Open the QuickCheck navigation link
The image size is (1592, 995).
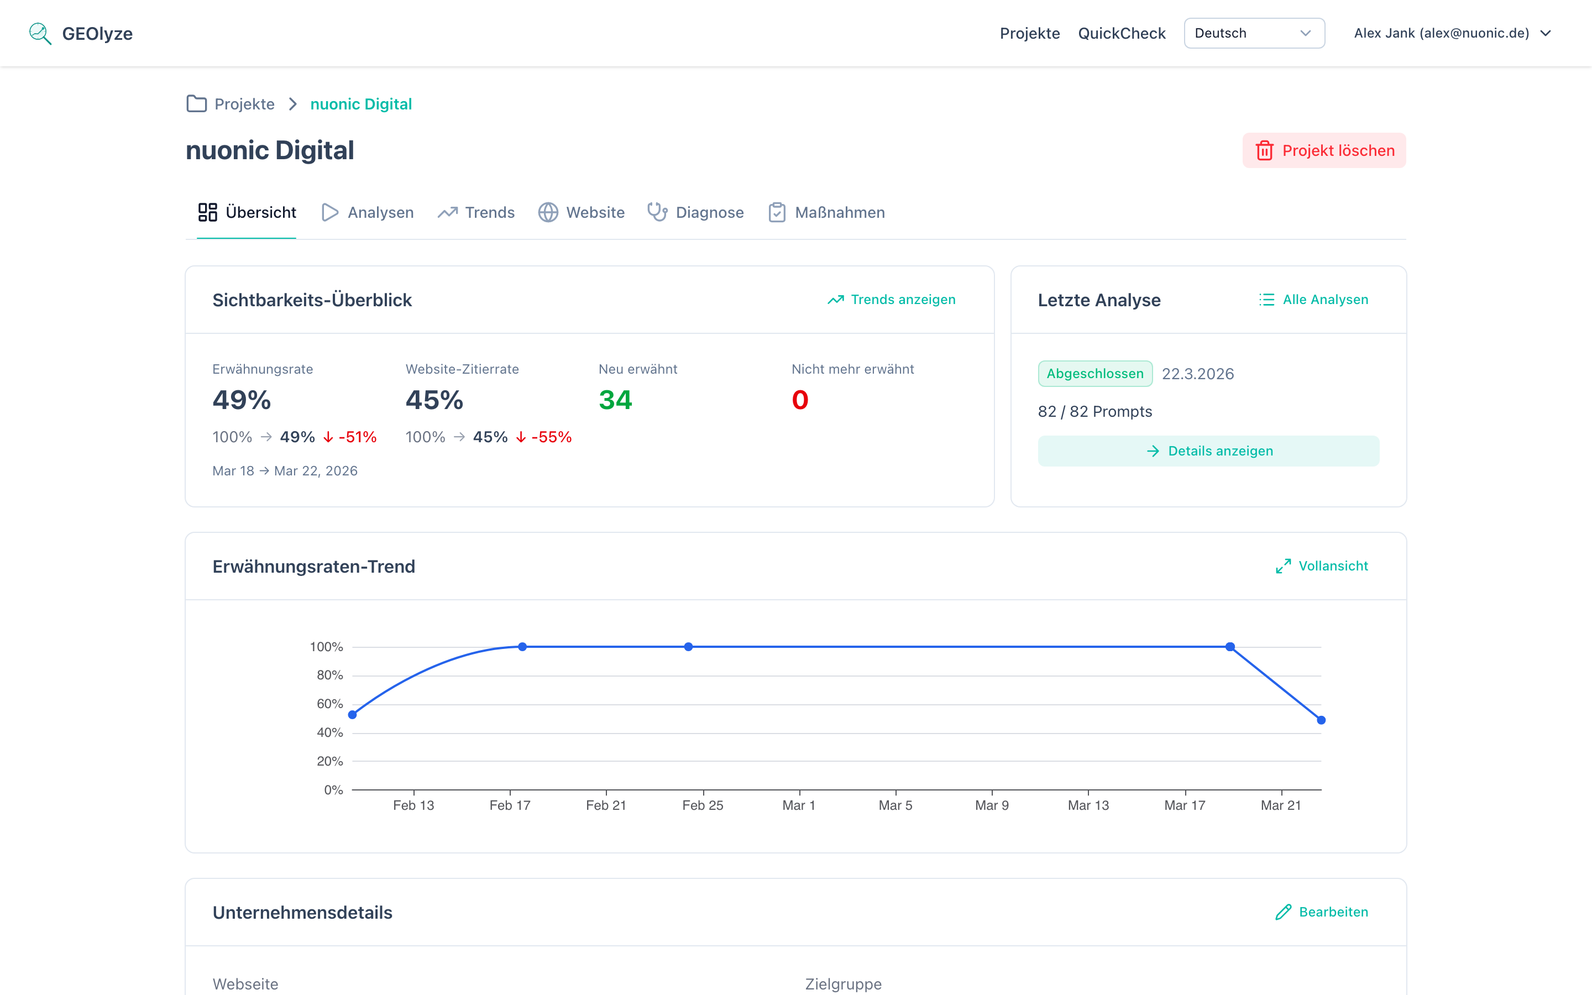pyautogui.click(x=1121, y=33)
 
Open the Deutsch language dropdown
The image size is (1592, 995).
pyautogui.click(x=1254, y=33)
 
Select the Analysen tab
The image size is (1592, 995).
pyautogui.click(x=368, y=213)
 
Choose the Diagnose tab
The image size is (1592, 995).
pyautogui.click(x=696, y=213)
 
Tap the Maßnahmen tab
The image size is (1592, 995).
pyautogui.click(x=827, y=213)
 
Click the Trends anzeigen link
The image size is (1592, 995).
pyautogui.click(x=892, y=300)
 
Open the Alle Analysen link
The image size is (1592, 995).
pyautogui.click(x=1314, y=300)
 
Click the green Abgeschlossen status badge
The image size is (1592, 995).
pyautogui.click(x=1094, y=374)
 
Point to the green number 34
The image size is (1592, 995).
pyautogui.click(x=615, y=400)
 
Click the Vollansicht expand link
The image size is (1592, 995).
pyautogui.click(x=1322, y=566)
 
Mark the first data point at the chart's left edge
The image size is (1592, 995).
pyautogui.click(x=353, y=715)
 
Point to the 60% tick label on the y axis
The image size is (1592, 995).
pyautogui.click(x=329, y=704)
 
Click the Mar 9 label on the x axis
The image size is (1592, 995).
pyautogui.click(x=991, y=805)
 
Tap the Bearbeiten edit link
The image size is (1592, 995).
pyautogui.click(x=1322, y=912)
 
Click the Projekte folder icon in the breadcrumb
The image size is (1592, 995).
pyautogui.click(x=196, y=104)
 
